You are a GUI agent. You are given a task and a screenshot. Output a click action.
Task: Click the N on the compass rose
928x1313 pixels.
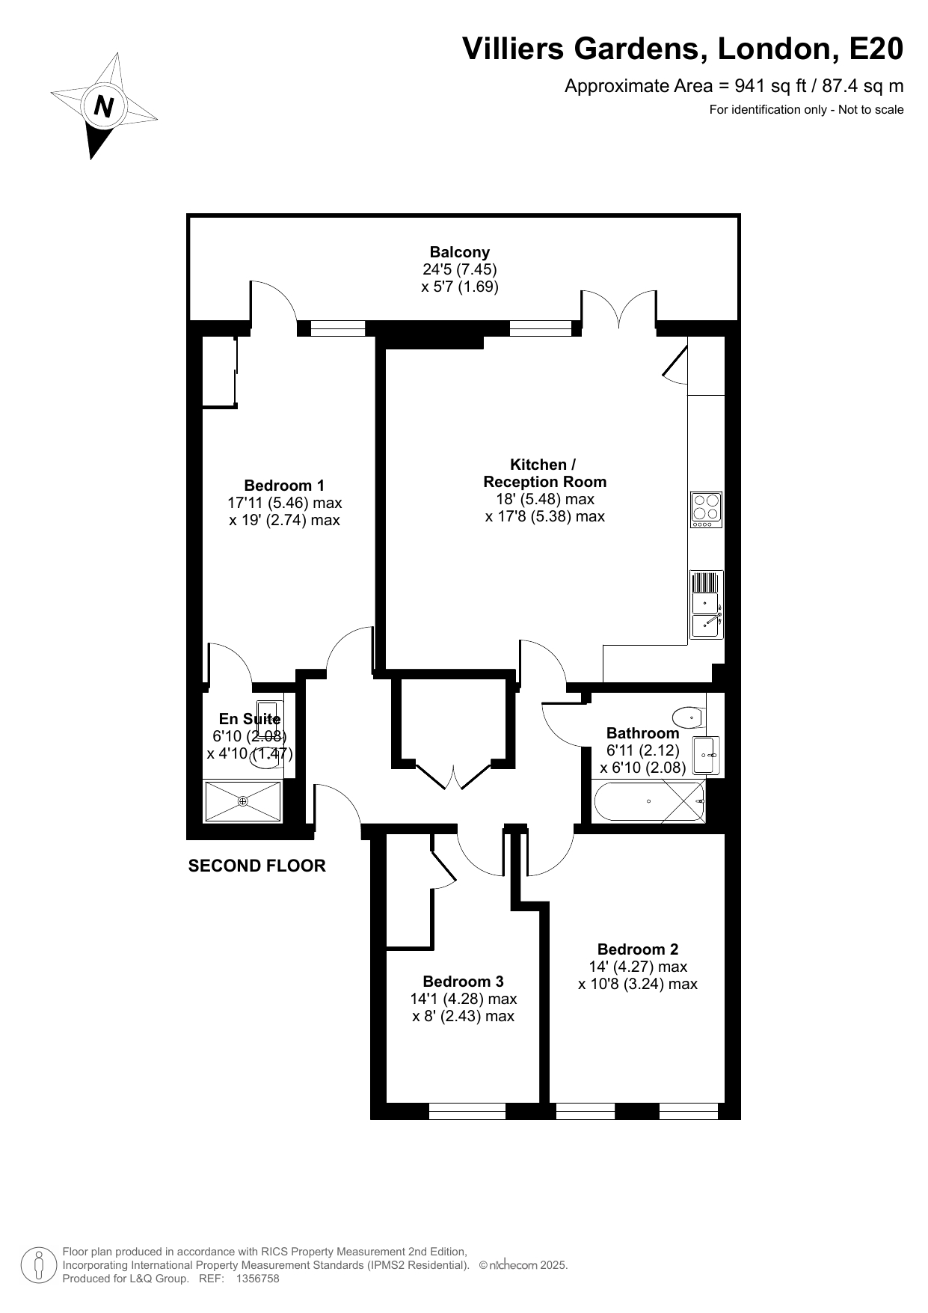104,106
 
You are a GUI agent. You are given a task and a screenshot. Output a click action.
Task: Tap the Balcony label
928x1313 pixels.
459,252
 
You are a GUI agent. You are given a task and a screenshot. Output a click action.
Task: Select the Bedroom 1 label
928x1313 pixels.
284,485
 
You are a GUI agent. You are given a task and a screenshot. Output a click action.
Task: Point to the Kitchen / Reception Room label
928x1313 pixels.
544,474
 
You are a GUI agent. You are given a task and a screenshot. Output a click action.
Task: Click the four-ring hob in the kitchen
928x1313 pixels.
706,509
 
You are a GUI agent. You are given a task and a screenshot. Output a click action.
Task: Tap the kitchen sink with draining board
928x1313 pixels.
706,605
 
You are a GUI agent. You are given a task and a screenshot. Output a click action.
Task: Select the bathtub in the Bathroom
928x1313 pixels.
649,801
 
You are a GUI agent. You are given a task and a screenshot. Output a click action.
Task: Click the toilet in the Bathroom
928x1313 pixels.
689,717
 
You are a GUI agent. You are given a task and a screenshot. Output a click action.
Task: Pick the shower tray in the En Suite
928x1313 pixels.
243,801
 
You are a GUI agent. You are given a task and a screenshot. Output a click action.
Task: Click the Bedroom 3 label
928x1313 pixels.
463,982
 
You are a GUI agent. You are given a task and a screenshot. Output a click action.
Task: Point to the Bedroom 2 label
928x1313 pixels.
638,949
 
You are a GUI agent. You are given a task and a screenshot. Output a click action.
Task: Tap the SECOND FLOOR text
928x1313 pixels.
257,866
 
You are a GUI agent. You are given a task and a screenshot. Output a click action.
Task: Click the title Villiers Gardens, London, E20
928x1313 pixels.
683,49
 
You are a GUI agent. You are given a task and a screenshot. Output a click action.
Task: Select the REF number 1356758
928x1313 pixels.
257,1279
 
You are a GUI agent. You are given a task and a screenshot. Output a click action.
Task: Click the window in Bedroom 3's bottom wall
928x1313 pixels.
467,1112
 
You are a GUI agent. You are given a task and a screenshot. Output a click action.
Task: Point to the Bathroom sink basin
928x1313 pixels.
706,755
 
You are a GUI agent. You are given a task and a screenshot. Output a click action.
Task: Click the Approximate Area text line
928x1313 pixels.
734,86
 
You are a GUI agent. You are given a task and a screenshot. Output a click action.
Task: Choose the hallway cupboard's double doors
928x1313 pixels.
453,776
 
